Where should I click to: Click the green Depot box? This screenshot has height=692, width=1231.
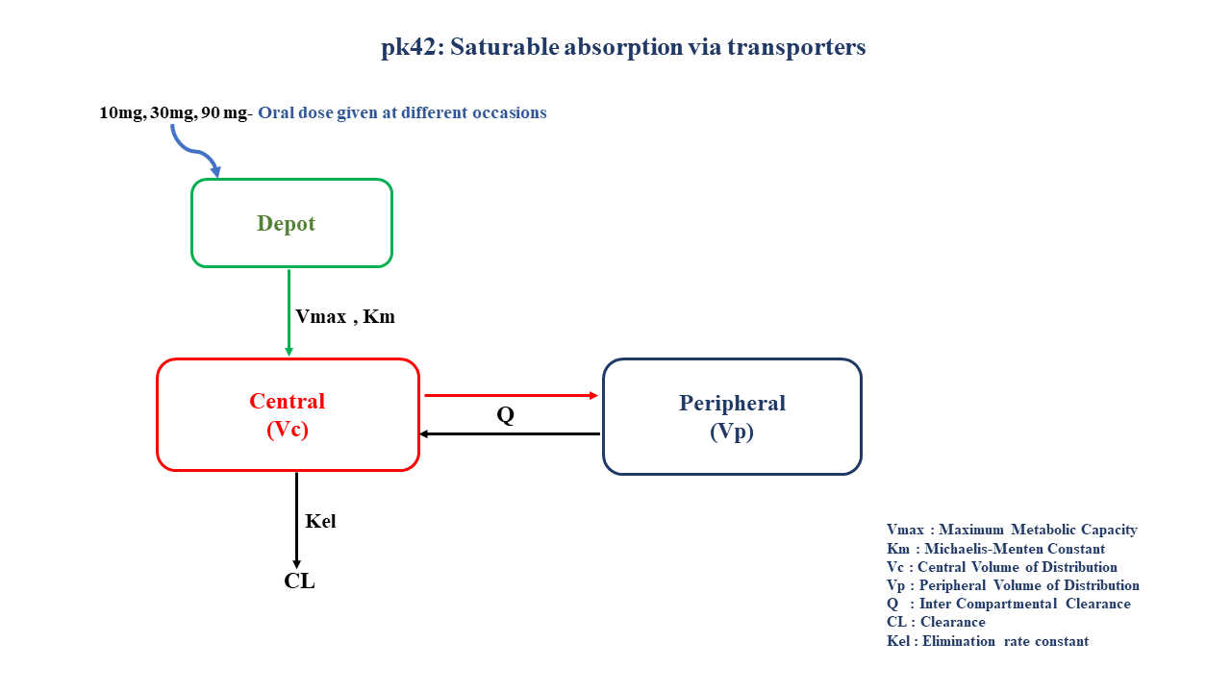pos(291,223)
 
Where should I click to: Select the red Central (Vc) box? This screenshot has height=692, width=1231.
pos(288,414)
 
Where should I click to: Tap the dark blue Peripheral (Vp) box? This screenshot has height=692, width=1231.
pos(732,416)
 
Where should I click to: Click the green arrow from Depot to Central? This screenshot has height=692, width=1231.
pos(289,312)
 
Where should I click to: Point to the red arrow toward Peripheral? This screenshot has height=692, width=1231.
pos(511,395)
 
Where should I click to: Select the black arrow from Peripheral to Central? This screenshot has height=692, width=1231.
pos(511,433)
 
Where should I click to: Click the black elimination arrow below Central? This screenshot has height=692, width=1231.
pos(296,519)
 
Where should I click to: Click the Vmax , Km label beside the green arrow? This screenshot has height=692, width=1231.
pos(345,316)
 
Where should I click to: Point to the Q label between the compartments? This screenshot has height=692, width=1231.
pos(505,415)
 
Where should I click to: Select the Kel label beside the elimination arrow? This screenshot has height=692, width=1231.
pos(320,522)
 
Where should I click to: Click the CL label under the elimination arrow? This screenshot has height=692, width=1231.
pos(299,581)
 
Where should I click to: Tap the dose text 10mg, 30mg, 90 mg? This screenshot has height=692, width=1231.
pos(173,112)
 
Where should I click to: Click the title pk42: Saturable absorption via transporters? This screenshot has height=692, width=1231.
pos(623,47)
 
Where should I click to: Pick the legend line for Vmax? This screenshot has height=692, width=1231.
pos(1012,530)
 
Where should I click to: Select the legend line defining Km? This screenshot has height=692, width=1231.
pos(995,549)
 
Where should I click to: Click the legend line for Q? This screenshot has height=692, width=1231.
pos(1008,604)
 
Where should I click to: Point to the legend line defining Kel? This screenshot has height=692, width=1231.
pos(988,641)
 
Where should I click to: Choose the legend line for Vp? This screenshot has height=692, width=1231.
pos(1013,585)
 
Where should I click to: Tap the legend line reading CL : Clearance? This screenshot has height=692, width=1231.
pos(936,622)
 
